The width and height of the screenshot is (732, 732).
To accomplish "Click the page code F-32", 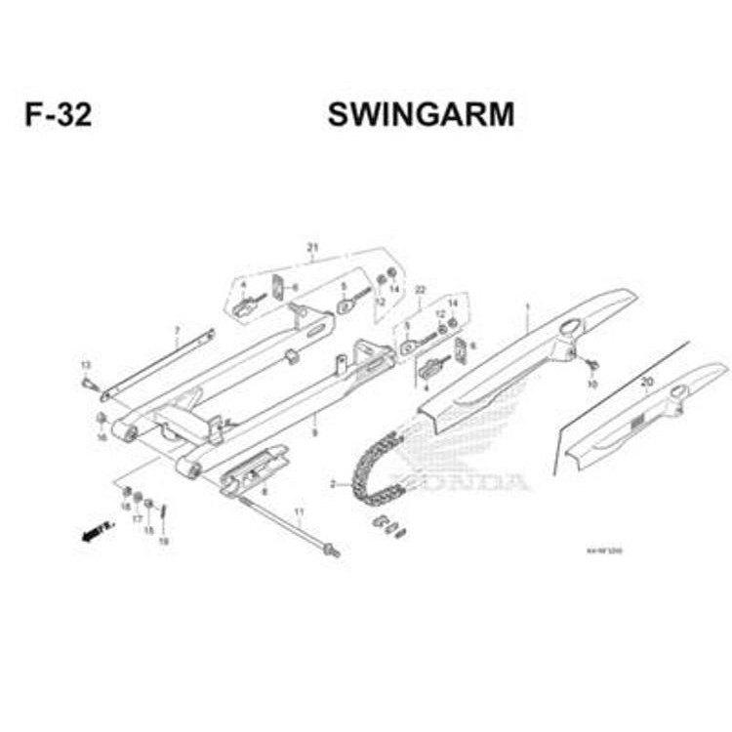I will (59, 115).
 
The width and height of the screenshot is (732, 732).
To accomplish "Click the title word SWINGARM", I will (421, 115).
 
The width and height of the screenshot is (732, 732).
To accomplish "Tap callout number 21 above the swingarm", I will (313, 246).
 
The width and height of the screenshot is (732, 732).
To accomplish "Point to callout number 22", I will (421, 290).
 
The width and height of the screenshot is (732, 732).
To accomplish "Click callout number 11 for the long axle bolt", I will (300, 511).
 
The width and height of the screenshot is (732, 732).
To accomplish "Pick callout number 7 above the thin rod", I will (177, 331).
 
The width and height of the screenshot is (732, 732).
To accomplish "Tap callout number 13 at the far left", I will (86, 365).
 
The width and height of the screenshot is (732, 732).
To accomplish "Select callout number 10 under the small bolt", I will (590, 385).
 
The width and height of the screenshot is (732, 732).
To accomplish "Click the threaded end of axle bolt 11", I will (333, 552).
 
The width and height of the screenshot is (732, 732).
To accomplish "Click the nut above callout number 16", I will (102, 419).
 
